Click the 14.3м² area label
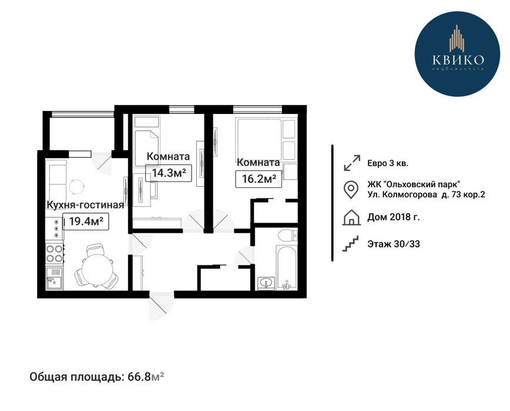169,173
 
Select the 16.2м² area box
259,178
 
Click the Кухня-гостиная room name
85,205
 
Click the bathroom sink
266,284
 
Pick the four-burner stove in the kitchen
54,254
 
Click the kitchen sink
54,278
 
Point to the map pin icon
351,190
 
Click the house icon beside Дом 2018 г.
351,217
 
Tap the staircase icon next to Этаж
351,244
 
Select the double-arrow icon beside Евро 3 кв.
352,163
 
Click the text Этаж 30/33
394,244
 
